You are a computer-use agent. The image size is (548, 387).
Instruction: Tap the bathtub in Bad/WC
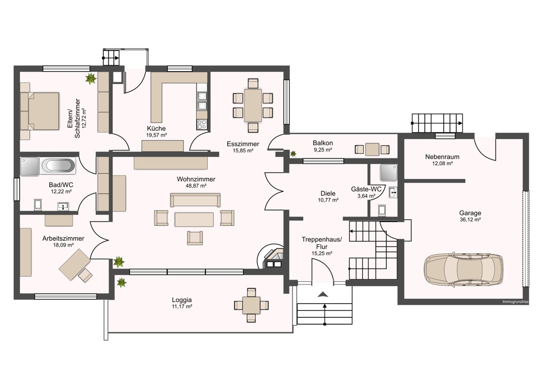point(58,166)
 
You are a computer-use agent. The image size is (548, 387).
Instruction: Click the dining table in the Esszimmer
point(253,105)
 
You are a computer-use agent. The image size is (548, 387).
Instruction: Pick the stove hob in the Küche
point(202,124)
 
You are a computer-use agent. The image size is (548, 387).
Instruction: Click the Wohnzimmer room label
point(196,179)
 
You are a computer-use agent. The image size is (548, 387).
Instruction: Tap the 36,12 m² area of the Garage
point(470,220)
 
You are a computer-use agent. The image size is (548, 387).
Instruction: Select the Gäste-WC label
point(366,189)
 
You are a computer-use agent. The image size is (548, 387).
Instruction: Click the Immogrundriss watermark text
point(515,301)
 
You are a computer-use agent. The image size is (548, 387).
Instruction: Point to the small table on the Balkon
point(372,150)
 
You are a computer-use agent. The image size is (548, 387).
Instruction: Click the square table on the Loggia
point(252,305)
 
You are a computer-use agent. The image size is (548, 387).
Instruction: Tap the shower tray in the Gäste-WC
point(389,173)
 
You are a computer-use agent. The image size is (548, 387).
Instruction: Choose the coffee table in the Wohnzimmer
point(194,220)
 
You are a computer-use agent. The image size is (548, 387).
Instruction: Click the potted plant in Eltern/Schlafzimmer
point(91,78)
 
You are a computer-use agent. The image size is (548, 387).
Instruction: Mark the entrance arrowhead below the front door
point(323,294)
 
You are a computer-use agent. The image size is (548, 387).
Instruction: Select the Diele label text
point(328,193)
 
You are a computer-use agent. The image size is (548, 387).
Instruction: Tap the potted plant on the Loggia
point(121,282)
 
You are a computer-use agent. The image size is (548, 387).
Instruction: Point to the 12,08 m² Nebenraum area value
point(442,163)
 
